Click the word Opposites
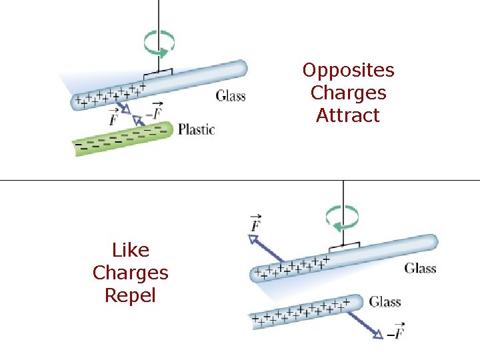click(x=348, y=71)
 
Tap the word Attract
click(x=348, y=115)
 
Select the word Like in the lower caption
click(x=131, y=251)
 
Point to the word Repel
click(x=131, y=295)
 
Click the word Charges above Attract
click(x=348, y=93)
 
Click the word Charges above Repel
click(x=131, y=273)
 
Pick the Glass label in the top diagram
click(x=231, y=96)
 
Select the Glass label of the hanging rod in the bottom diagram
click(x=420, y=269)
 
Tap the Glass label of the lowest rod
click(x=385, y=302)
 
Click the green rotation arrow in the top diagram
click(x=160, y=44)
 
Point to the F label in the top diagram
click(x=113, y=119)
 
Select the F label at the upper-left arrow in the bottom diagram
click(x=255, y=223)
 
